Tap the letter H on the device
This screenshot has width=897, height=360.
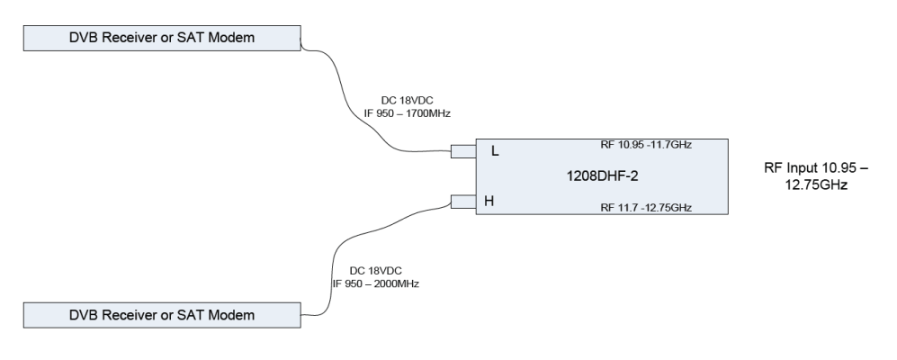click(489, 202)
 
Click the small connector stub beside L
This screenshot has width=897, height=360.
click(462, 152)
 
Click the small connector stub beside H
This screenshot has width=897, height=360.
click(462, 202)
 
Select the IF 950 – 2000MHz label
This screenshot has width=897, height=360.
click(375, 283)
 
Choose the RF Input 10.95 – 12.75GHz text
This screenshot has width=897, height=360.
click(805, 175)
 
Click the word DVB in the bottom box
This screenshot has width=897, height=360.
click(88, 315)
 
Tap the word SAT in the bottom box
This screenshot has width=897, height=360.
click(193, 315)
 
